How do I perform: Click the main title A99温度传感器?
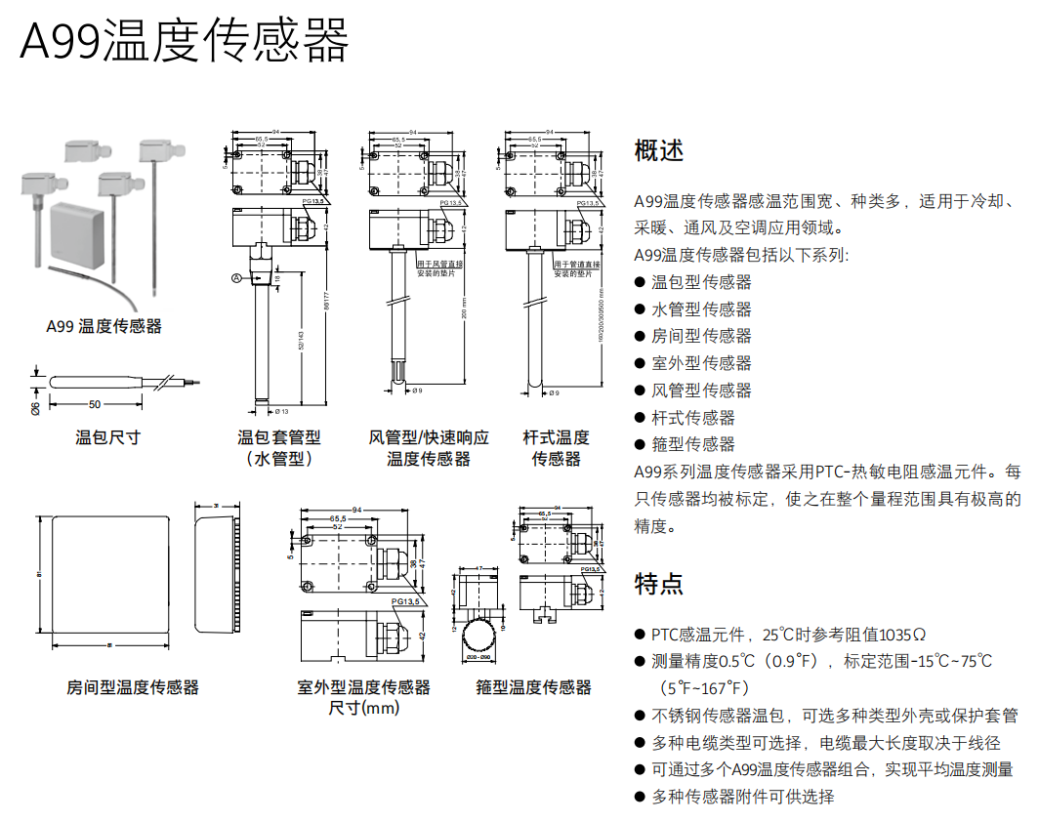pos(185,40)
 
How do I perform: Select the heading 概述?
pos(659,150)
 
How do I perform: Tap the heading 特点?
pos(659,584)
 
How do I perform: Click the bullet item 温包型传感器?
pos(701,282)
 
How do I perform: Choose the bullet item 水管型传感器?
pos(701,309)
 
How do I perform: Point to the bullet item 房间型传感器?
pos(701,336)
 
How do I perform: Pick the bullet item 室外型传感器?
pos(701,363)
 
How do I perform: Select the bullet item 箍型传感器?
pos(692,444)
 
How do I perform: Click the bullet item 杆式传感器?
pos(692,418)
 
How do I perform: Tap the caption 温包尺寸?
pos(107,437)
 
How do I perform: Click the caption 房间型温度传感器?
pos(133,687)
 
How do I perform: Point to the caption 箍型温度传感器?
pos(533,687)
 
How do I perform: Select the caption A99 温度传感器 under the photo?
pos(104,326)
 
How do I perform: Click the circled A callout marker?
pos(235,278)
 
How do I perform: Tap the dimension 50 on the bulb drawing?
pos(95,402)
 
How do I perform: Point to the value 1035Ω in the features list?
pos(901,635)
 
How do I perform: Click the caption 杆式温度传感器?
pos(556,448)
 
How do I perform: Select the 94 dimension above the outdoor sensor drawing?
pos(356,510)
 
